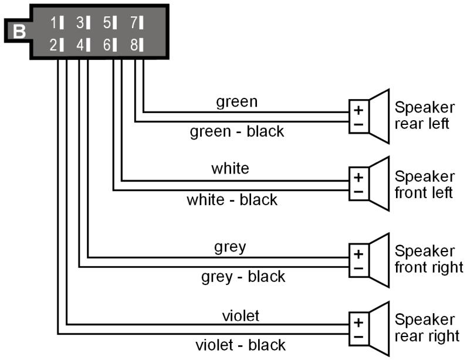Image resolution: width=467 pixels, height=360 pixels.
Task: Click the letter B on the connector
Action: click(x=19, y=30)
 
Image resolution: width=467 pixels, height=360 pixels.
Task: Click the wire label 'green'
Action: click(x=236, y=101)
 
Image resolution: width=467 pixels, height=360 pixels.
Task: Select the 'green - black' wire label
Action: click(x=236, y=131)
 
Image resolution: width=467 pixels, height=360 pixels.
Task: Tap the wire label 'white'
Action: click(x=230, y=169)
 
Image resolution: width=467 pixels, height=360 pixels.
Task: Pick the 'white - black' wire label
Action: click(x=232, y=200)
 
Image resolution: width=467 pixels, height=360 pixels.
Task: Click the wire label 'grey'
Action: click(x=230, y=247)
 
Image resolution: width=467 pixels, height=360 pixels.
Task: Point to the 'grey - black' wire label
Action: click(x=243, y=276)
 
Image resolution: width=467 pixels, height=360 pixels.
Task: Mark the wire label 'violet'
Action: click(x=241, y=315)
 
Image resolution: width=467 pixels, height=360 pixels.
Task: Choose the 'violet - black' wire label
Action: click(x=240, y=345)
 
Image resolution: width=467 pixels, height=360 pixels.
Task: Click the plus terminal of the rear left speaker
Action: click(x=358, y=110)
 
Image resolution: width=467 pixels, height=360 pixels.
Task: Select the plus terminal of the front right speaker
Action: click(x=358, y=254)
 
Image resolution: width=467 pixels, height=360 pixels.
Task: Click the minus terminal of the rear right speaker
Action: click(x=358, y=337)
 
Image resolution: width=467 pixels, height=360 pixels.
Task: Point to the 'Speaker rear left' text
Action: click(x=424, y=116)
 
